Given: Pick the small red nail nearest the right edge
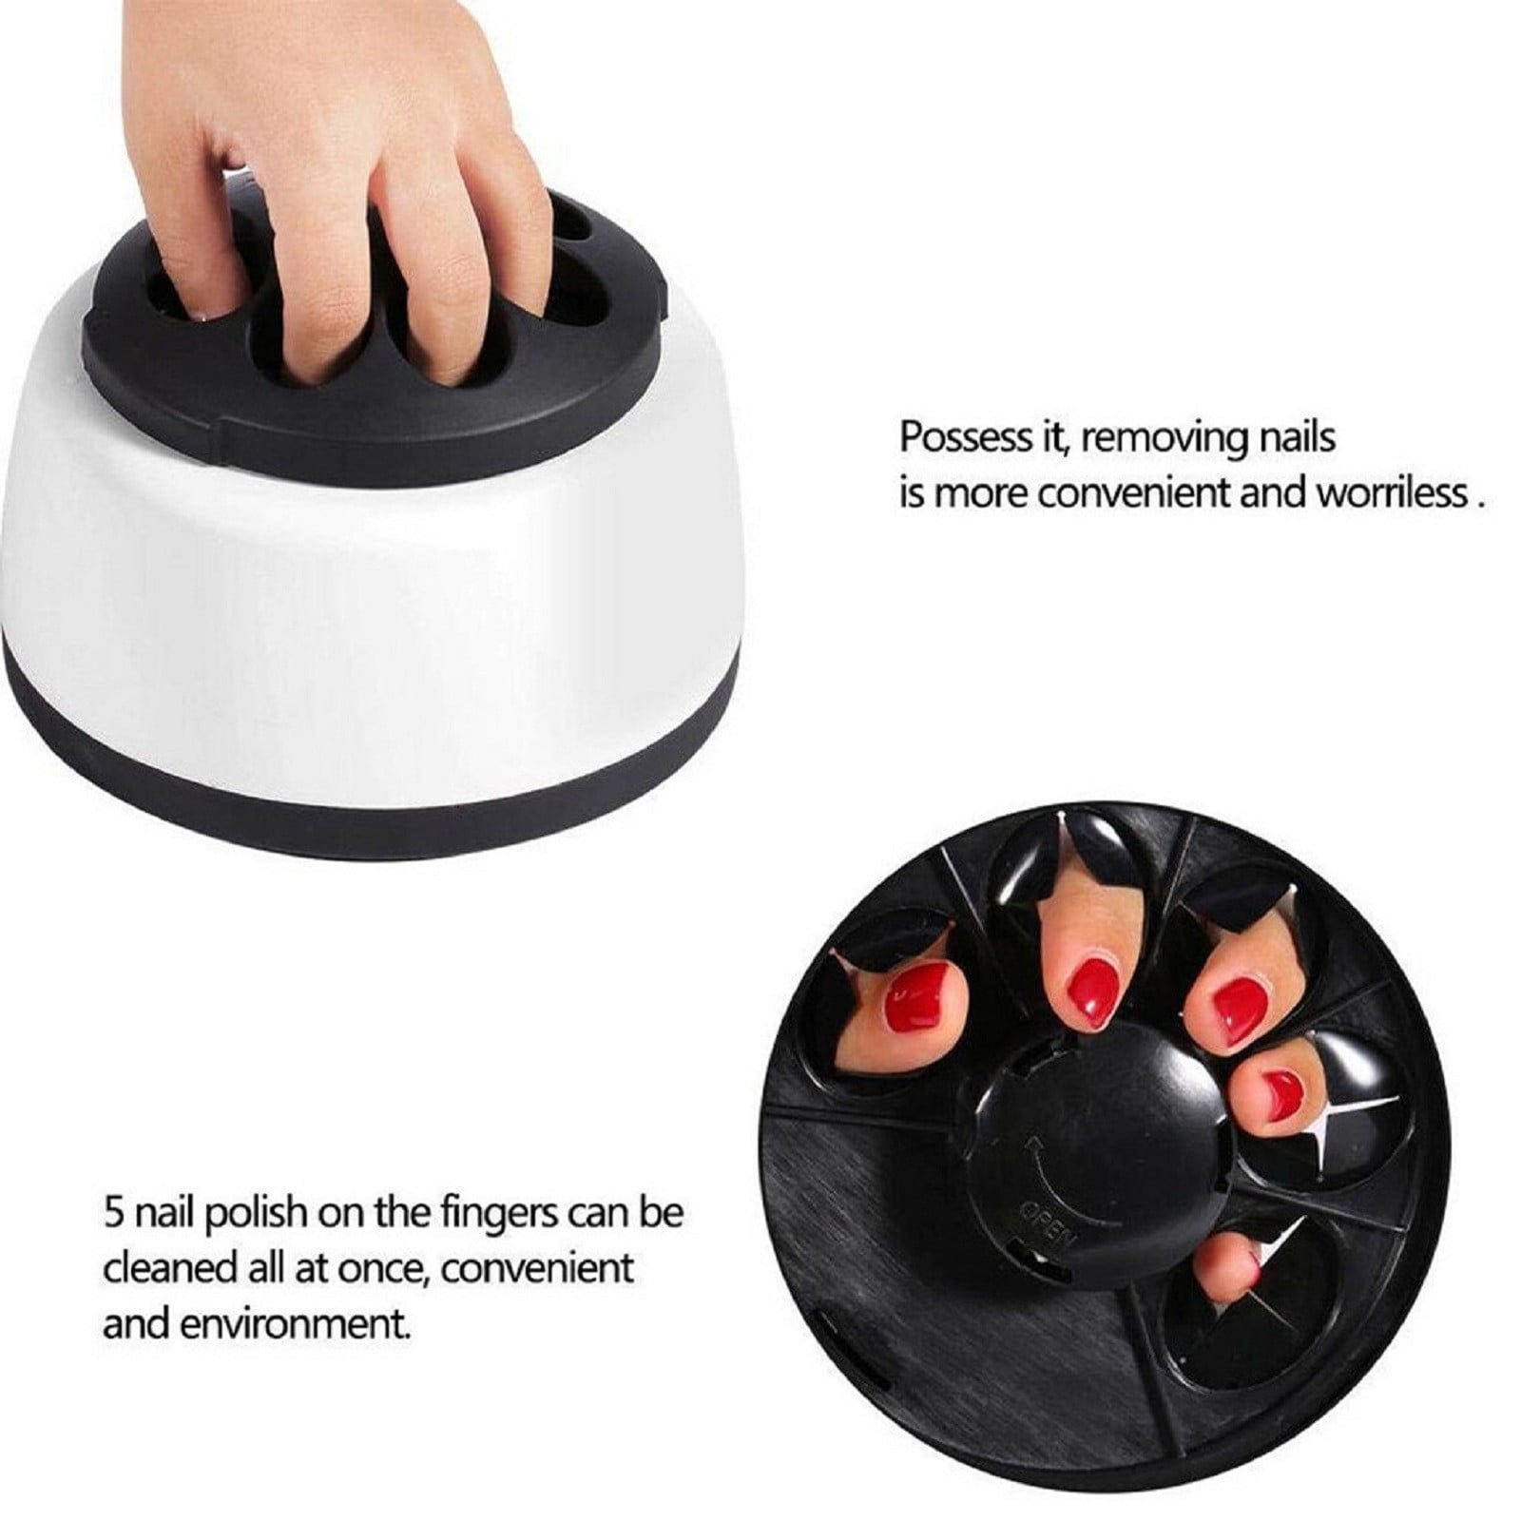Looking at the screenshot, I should [x=1280, y=1086].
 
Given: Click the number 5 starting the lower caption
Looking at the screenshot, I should [x=112, y=1214].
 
